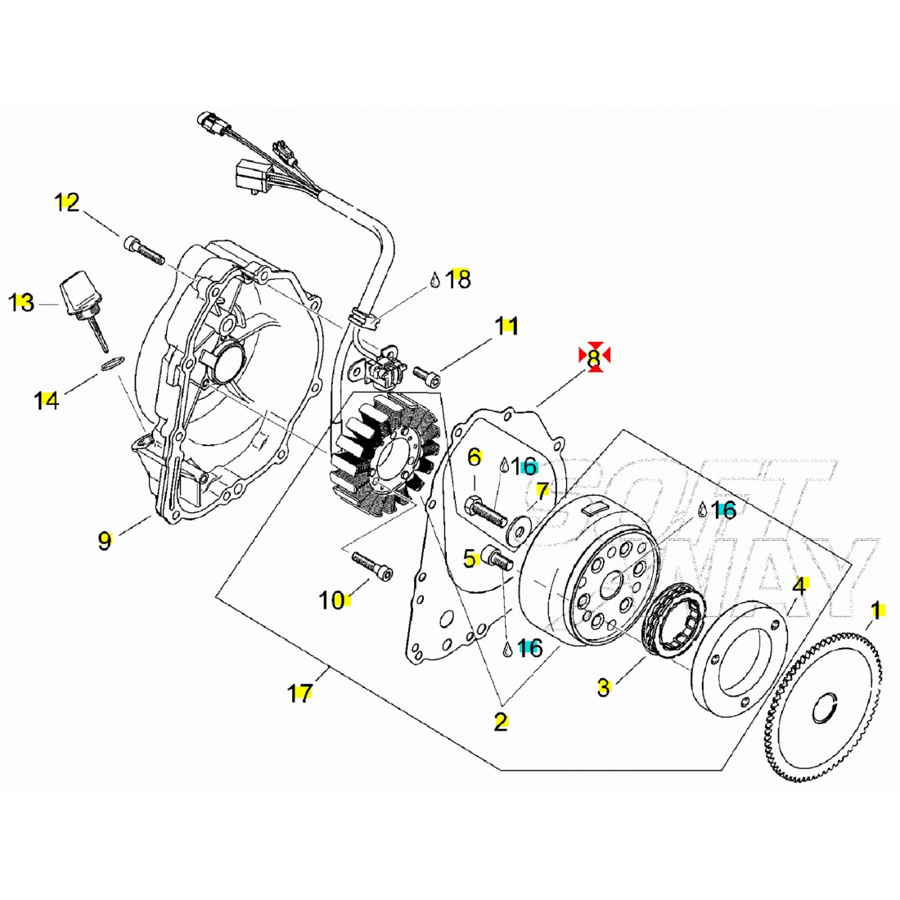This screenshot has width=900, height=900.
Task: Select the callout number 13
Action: (22, 303)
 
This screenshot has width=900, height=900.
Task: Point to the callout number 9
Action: (104, 540)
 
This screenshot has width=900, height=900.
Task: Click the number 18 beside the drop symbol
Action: (459, 280)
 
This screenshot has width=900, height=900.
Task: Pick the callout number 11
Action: (506, 326)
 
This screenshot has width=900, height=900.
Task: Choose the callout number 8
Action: (594, 357)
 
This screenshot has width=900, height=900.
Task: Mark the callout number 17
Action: (300, 694)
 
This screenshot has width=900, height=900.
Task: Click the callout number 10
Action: (332, 601)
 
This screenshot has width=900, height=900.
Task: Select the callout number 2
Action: (500, 722)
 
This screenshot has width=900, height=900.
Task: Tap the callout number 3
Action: (603, 687)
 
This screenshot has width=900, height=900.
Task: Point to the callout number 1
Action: (875, 610)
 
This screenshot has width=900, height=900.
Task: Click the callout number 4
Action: (799, 586)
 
